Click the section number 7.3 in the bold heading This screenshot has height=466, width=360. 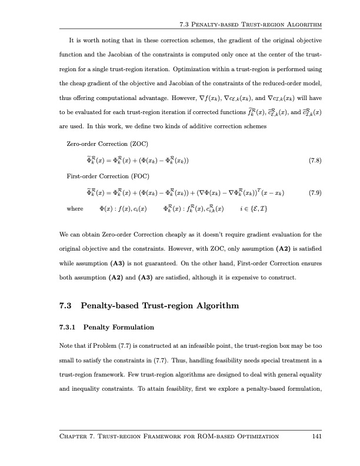pyautogui.click(x=66, y=305)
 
